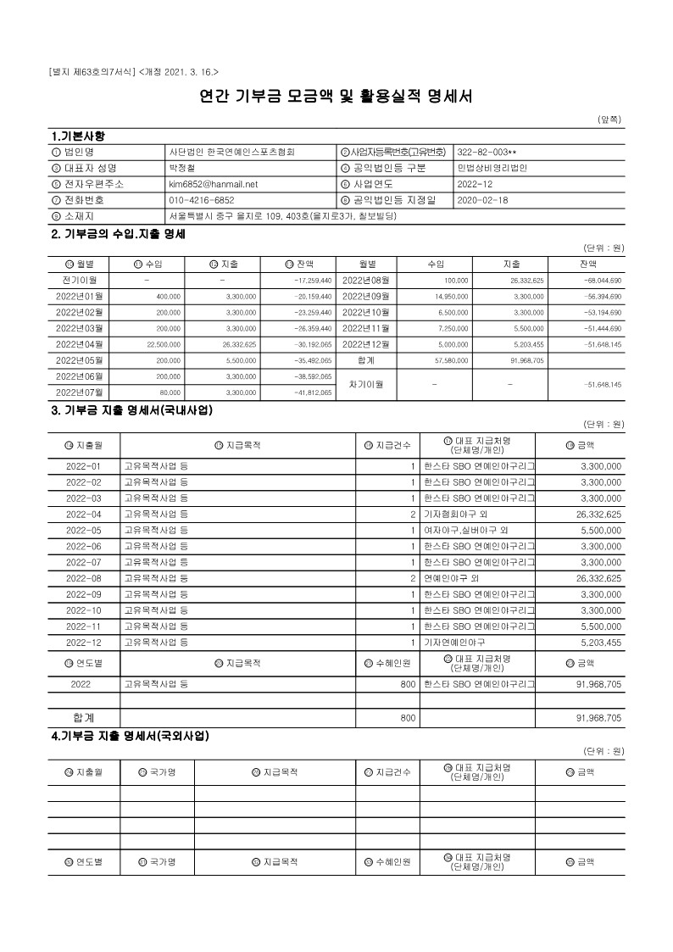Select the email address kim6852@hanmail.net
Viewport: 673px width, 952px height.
click(213, 183)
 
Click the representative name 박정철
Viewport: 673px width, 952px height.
click(181, 168)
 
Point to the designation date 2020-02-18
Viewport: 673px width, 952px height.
click(482, 200)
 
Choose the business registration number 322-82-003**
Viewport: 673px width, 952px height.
click(487, 152)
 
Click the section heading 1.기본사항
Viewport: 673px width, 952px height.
click(79, 136)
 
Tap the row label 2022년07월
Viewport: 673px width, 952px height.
click(79, 392)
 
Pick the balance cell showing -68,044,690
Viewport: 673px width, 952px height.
click(603, 280)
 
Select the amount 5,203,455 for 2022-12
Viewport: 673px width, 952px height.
click(599, 643)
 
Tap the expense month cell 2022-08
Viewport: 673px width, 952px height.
click(84, 578)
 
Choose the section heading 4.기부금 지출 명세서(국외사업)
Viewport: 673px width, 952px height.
click(131, 736)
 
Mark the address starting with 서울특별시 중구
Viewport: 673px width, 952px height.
click(283, 216)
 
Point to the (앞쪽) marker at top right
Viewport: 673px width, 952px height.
click(610, 120)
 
